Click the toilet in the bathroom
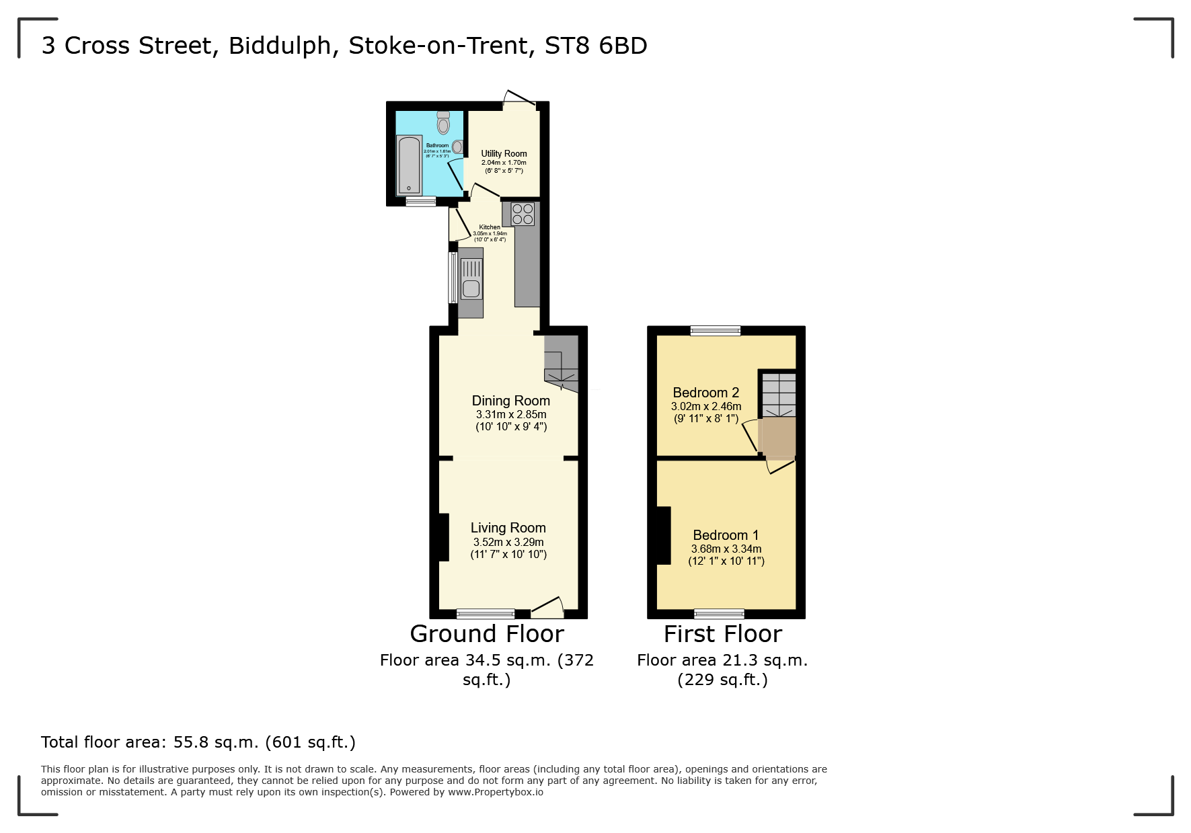coord(443,123)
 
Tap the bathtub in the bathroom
coord(409,165)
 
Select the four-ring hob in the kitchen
coord(523,214)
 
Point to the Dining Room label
coord(510,401)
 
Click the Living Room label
coord(508,528)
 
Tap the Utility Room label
coord(504,153)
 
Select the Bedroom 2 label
coord(705,393)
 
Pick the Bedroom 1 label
coord(726,535)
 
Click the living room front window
coord(485,613)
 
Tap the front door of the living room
coord(547,609)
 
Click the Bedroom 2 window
coord(715,330)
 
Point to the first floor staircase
coord(779,395)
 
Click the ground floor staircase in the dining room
coord(561,364)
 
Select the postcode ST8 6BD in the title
coord(595,46)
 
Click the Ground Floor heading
coord(487,634)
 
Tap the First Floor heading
coord(722,634)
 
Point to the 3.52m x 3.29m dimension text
coord(508,542)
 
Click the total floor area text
coord(198,742)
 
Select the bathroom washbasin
coord(457,147)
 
